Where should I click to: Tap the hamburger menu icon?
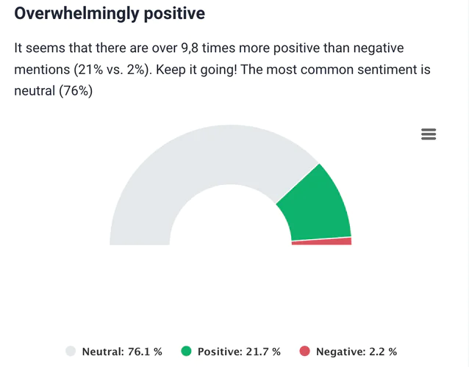(429, 134)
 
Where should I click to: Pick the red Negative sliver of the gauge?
(323, 241)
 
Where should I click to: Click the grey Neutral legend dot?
(71, 352)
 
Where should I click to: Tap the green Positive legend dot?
(186, 352)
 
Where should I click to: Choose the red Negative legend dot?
(305, 352)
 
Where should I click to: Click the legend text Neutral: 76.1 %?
(122, 352)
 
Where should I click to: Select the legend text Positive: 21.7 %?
(239, 352)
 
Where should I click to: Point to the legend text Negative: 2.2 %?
(357, 352)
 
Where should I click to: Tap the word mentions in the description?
(43, 70)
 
